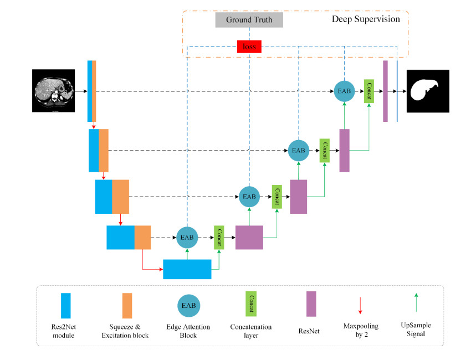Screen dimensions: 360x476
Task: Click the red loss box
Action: tap(249, 47)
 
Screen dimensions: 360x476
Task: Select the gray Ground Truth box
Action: tap(249, 20)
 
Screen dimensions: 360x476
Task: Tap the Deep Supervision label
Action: tap(365, 19)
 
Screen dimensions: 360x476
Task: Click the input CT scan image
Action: tap(53, 91)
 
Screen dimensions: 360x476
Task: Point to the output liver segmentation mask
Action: tap(427, 91)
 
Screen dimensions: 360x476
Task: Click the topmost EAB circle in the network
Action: tap(345, 90)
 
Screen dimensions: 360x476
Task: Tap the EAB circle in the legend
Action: tap(189, 305)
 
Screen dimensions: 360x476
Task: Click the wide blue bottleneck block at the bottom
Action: tap(187, 269)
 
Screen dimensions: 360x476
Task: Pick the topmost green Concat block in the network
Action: tap(369, 91)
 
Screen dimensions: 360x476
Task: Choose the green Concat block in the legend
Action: tap(250, 304)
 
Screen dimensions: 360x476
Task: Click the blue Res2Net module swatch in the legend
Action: tap(66, 305)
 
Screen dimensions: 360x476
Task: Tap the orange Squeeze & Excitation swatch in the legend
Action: tap(127, 305)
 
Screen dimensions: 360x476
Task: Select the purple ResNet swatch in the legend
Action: tap(311, 304)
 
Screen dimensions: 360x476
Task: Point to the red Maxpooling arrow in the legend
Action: tap(361, 305)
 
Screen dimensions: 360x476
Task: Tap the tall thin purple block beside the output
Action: tap(385, 91)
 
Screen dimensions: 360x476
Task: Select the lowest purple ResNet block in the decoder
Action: tap(249, 236)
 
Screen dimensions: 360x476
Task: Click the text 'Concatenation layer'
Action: tap(250, 331)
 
